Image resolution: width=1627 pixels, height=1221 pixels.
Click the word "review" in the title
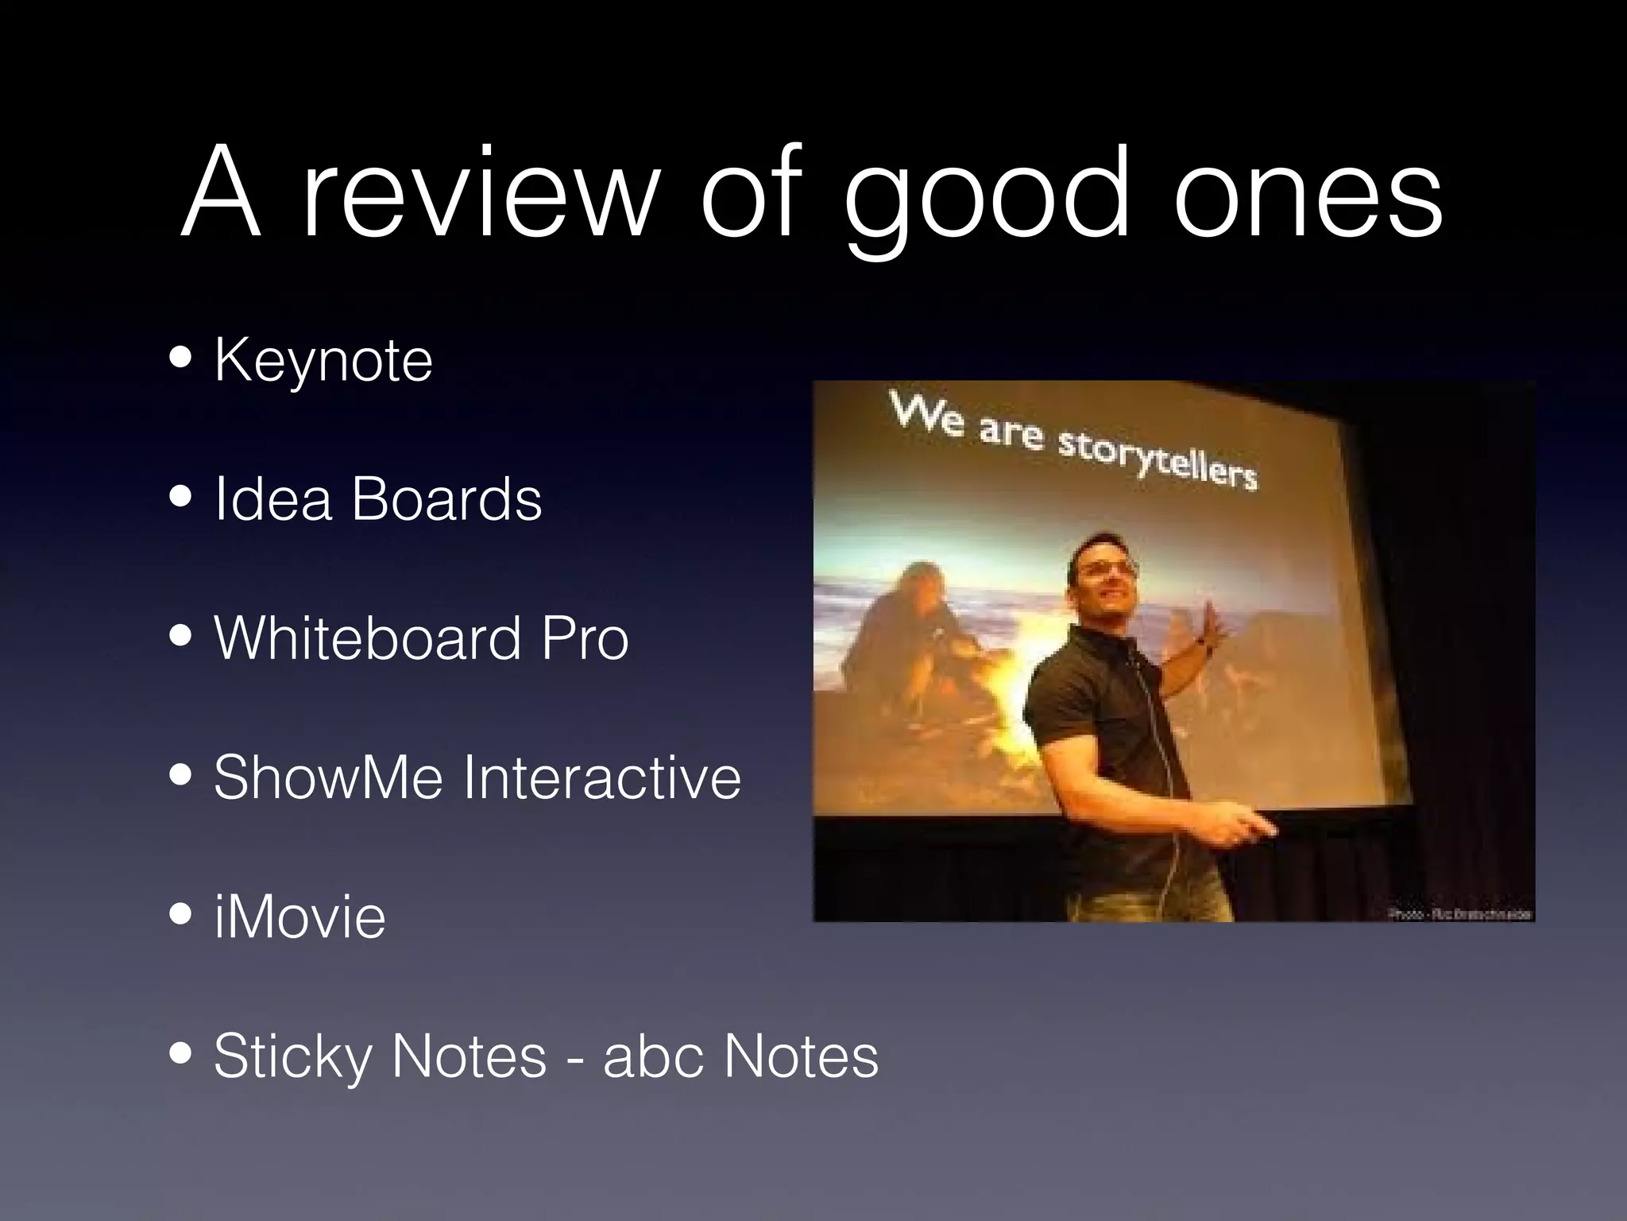[481, 195]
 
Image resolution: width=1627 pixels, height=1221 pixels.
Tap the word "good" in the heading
[985, 199]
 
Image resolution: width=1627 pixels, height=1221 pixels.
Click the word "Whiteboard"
[367, 638]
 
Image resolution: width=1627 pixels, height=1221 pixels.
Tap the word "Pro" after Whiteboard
[585, 638]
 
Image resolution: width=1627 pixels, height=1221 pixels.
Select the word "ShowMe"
[327, 777]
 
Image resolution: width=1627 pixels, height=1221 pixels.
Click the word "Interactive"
[602, 777]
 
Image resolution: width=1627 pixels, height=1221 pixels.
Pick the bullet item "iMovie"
[300, 917]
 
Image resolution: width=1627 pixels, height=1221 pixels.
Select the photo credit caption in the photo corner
[1460, 914]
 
